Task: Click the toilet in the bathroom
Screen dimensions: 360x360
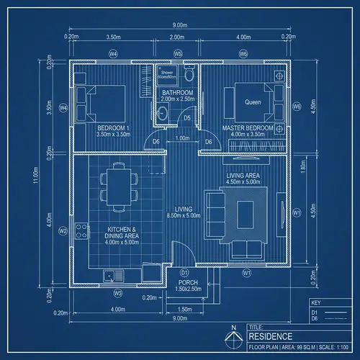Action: [189, 74]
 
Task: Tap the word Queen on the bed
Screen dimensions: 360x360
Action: [253, 102]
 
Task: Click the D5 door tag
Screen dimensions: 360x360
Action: [186, 117]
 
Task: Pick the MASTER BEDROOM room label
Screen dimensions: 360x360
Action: [248, 128]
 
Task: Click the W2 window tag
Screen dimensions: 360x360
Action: [63, 231]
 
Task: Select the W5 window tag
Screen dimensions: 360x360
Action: [178, 54]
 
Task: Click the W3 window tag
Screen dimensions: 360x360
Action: [117, 294]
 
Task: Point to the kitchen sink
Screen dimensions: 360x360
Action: [109, 275]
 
